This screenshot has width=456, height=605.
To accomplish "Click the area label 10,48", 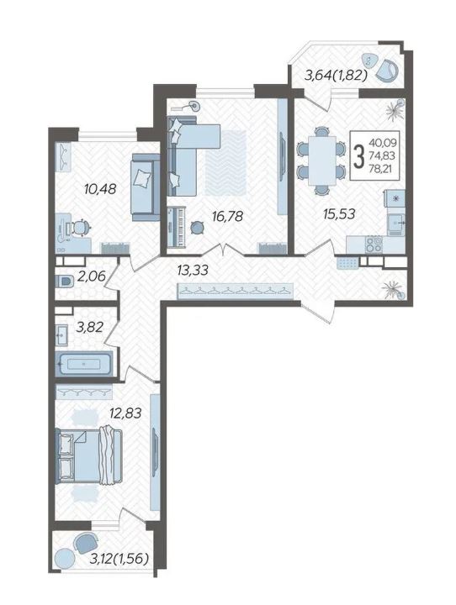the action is (x=100, y=189).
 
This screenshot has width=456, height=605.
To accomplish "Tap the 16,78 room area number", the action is (x=227, y=217).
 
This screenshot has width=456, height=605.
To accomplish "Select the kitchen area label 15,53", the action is (x=339, y=213).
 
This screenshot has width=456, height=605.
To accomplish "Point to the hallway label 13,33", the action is (x=193, y=270).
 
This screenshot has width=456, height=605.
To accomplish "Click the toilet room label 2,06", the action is (x=91, y=276).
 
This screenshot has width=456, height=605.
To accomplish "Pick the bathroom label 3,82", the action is (x=90, y=327).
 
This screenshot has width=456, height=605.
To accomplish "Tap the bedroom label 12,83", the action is (x=125, y=413).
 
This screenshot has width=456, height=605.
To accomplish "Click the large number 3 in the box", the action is (x=359, y=156).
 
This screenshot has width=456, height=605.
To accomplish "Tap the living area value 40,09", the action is (x=383, y=143).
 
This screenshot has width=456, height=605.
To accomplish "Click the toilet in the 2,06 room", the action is (x=65, y=281).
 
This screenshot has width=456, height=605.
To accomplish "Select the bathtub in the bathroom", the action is (x=83, y=364).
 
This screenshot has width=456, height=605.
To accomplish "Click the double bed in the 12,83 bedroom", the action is (x=89, y=455).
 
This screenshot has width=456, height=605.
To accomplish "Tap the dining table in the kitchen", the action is (x=322, y=160).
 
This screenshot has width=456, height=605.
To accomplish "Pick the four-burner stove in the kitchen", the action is (x=374, y=245).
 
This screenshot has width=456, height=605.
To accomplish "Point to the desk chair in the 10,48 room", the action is (x=81, y=228).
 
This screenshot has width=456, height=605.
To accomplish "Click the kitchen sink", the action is (x=396, y=224).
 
